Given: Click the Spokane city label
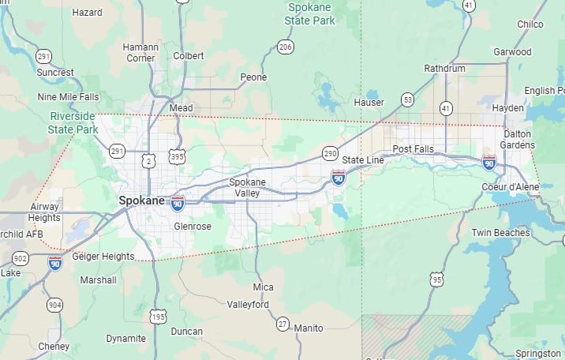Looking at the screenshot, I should coord(142,201).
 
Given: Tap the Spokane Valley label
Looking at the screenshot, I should coord(248,188).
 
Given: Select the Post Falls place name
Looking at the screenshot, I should coord(413,148).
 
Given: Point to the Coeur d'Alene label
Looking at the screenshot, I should coord(511,187).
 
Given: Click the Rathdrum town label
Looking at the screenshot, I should coord(445,69).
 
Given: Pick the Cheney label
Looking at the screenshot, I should coord(54,346).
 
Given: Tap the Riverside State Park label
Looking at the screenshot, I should coord(73,123).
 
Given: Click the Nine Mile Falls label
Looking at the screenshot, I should coord(68,97).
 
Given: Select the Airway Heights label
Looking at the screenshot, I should coord(44,212).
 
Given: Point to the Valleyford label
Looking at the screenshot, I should coord(248,305).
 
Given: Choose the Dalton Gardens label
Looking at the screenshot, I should coord(518,140).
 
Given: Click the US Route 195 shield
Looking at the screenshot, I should coord(159,317).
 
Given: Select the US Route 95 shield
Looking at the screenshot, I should coord(436,279).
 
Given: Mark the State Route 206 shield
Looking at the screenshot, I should coord(286,48).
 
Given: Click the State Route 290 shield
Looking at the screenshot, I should coord(330,152).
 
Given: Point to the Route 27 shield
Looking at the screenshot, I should coord(282,324).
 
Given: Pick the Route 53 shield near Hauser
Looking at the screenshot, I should coord(407,99).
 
